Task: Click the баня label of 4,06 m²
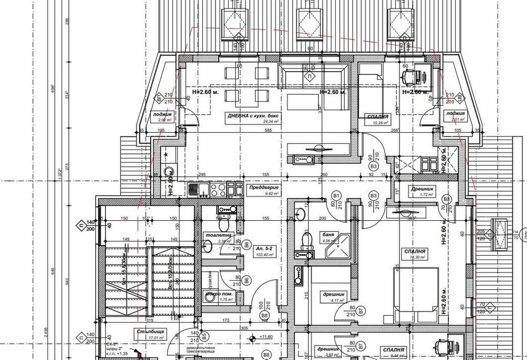coord(328,236)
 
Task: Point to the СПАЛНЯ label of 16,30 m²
coord(413,251)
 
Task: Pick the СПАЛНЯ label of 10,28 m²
coord(376,116)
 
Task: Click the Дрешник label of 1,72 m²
coord(422,188)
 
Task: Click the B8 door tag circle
coord(265,315)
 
